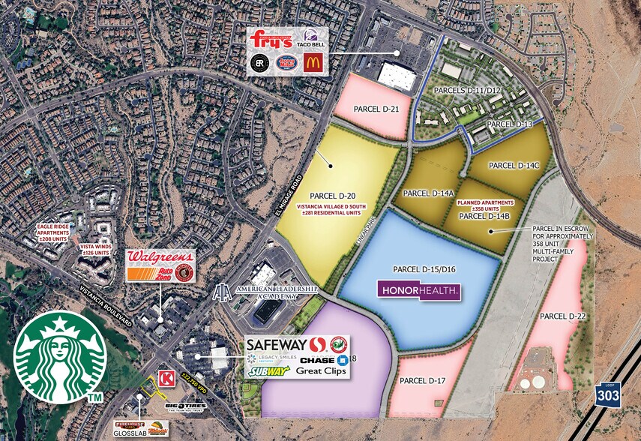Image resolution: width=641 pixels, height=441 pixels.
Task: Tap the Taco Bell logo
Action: (312, 39)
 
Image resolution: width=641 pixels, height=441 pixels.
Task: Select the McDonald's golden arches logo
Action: (312, 63)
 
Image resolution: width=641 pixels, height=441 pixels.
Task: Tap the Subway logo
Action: (268, 370)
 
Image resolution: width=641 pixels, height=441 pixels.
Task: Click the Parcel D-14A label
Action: (428, 193)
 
